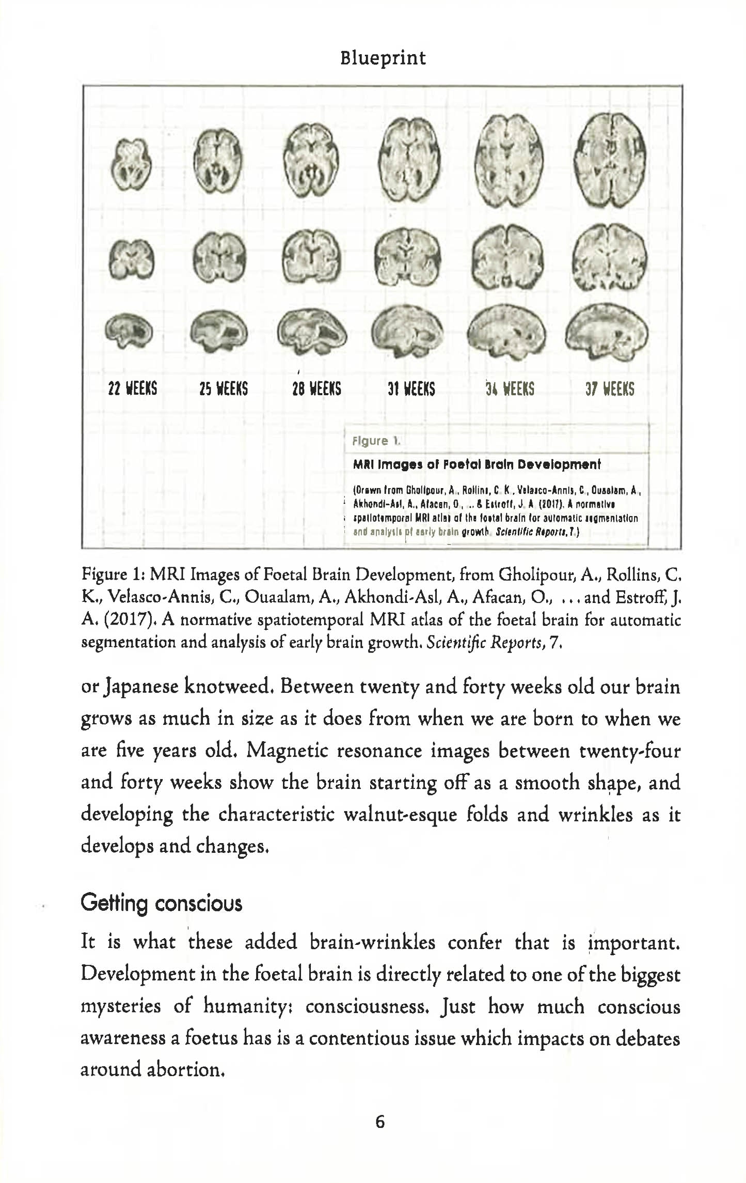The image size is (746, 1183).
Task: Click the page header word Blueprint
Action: (x=383, y=57)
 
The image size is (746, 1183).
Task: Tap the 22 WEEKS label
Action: (x=133, y=388)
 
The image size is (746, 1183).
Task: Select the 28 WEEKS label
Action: (x=316, y=388)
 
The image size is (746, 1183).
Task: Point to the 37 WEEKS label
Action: (x=610, y=388)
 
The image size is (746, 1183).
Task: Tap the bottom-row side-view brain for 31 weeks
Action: (x=407, y=331)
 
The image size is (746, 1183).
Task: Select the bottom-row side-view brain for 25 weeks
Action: (x=219, y=331)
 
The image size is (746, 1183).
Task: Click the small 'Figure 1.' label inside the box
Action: (x=376, y=441)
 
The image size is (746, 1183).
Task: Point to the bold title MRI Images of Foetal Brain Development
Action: (x=477, y=464)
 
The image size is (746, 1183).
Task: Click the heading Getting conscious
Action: (x=161, y=903)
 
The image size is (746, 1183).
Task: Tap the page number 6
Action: (x=379, y=1122)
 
